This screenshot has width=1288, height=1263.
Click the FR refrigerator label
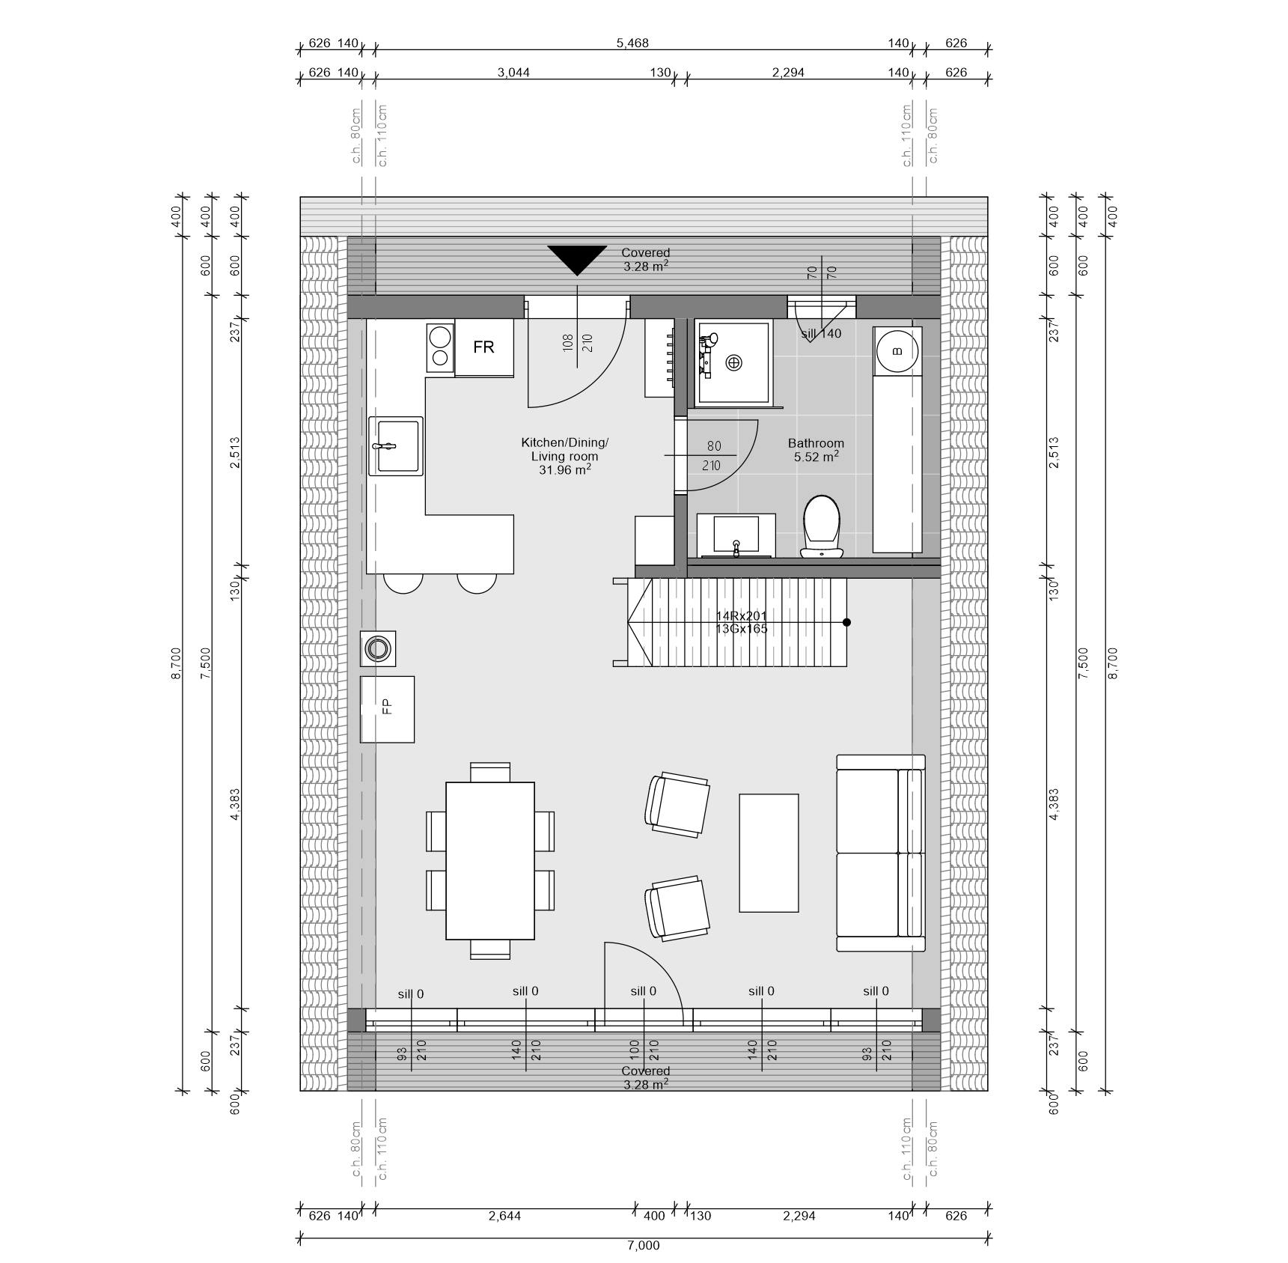pos(483,347)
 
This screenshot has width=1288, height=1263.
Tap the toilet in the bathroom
pos(822,526)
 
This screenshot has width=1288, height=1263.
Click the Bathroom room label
pos(816,443)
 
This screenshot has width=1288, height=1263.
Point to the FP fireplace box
pos(387,709)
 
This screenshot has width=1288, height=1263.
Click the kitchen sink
pos(395,445)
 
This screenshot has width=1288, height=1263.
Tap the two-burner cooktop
pos(440,347)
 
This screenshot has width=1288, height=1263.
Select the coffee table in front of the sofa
pos(769,853)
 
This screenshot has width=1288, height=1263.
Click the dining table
pos(490,861)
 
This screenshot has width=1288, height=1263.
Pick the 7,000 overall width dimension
pos(644,1246)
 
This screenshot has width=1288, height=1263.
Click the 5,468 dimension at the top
pos(632,43)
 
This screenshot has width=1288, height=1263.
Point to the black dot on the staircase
pos(846,622)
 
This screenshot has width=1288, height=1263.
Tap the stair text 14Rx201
pos(741,616)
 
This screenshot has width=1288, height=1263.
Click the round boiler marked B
pos(897,350)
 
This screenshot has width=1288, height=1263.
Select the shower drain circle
pos(734,363)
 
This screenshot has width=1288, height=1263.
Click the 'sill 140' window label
pos(821,334)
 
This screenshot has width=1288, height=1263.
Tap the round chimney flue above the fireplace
pos(378,648)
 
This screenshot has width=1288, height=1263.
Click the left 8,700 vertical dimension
pos(177,663)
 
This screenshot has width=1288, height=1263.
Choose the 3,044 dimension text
pos(513,73)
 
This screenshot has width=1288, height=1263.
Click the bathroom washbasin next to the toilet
pos(736,535)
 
